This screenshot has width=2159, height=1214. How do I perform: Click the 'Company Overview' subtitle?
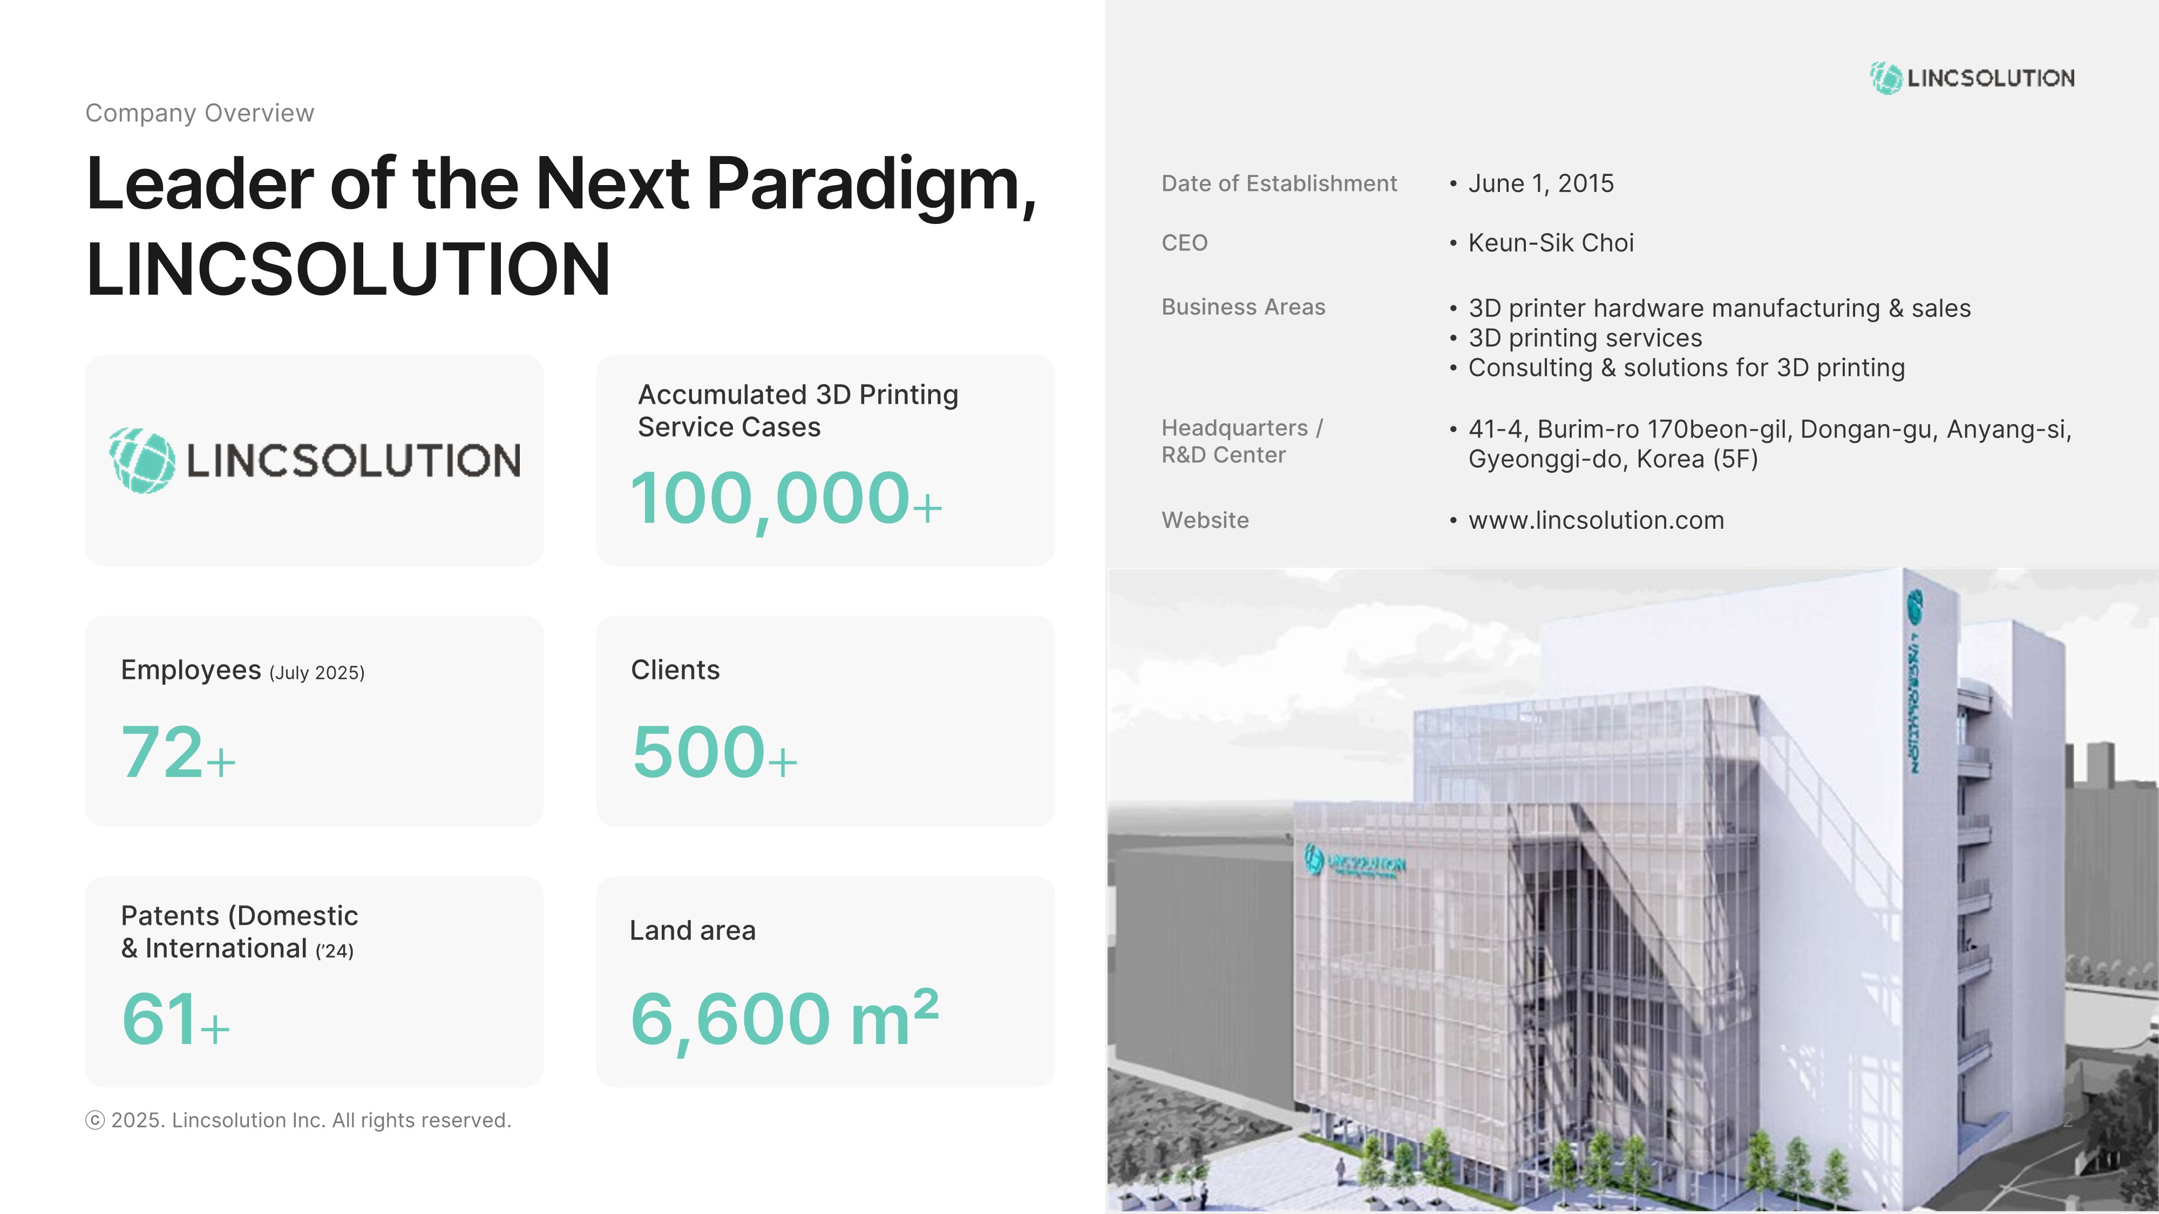pos(200,113)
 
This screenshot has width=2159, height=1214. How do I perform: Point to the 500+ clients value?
pos(714,752)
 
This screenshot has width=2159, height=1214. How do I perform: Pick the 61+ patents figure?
pos(176,1019)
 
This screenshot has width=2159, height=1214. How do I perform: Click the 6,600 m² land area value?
pos(784,1019)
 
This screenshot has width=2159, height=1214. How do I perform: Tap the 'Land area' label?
pos(692,930)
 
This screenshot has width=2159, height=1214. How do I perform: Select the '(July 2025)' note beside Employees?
pos(317,673)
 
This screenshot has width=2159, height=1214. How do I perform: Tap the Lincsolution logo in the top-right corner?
pos(1972,78)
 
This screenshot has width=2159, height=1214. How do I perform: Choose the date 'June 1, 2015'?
pos(1540,183)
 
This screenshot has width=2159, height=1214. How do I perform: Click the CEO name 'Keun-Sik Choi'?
pos(1551,243)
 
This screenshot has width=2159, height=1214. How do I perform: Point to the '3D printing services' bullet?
pos(1585,338)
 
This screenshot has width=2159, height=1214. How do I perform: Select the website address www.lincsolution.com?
pos(1596,520)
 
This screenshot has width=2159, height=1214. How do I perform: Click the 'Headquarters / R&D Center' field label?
pos(1242,441)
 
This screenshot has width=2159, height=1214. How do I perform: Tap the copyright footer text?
pos(298,1120)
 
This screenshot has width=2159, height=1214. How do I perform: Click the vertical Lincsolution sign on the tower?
pos(1915,681)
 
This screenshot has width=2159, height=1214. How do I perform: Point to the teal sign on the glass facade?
pos(1354,861)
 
